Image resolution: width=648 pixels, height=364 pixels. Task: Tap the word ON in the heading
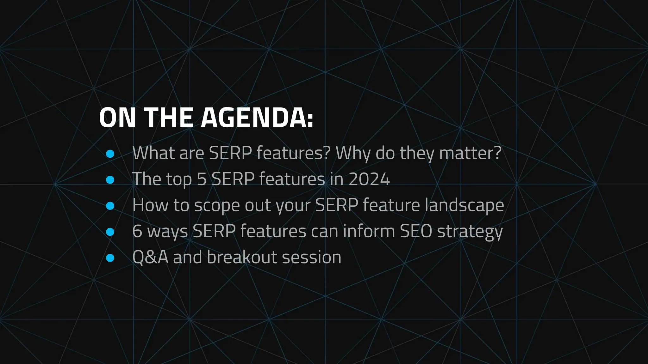coord(117,118)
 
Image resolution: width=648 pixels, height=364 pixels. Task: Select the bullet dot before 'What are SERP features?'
coord(110,154)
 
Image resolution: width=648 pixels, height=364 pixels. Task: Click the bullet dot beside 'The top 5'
coord(110,180)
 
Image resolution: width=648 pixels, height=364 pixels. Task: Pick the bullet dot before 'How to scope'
coord(110,206)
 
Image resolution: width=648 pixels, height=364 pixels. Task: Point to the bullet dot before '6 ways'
coord(110,232)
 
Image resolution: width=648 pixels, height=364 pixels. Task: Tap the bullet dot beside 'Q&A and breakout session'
coord(110,258)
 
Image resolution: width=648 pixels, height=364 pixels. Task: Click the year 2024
coord(369,179)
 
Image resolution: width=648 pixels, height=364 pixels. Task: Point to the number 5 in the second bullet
coord(202,179)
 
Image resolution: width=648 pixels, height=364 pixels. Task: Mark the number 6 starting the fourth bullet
coord(137,231)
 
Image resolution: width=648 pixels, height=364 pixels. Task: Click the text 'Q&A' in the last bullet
coord(150,257)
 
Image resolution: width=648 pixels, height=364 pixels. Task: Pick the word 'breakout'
coord(242,257)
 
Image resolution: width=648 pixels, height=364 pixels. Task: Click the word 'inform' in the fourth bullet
coord(369,231)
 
